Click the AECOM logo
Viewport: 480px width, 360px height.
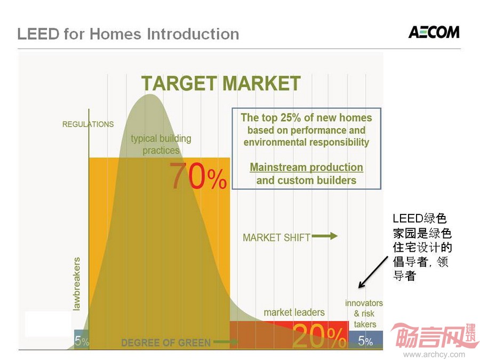click(x=434, y=32)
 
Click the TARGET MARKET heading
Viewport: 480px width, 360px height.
click(x=221, y=83)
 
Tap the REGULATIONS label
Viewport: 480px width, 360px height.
click(x=88, y=124)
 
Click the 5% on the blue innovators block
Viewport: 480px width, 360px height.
click(x=365, y=341)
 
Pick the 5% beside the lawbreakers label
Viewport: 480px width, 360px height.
click(x=82, y=341)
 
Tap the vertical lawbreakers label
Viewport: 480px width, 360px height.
click(x=76, y=284)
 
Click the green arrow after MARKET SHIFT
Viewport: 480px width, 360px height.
click(x=324, y=236)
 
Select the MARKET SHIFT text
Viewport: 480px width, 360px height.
click(x=276, y=237)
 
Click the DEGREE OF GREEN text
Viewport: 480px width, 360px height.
click(x=166, y=342)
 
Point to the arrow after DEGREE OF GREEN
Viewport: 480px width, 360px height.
click(x=226, y=342)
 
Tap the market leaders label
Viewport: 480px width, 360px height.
click(x=294, y=312)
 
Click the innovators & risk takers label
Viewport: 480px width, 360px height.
click(x=364, y=314)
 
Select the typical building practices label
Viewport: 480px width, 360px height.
click(x=161, y=144)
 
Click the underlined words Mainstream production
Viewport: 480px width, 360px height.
click(x=307, y=167)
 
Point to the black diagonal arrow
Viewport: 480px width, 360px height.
click(x=373, y=273)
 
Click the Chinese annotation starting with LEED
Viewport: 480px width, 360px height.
click(x=422, y=247)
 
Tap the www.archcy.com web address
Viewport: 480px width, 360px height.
click(x=434, y=355)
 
